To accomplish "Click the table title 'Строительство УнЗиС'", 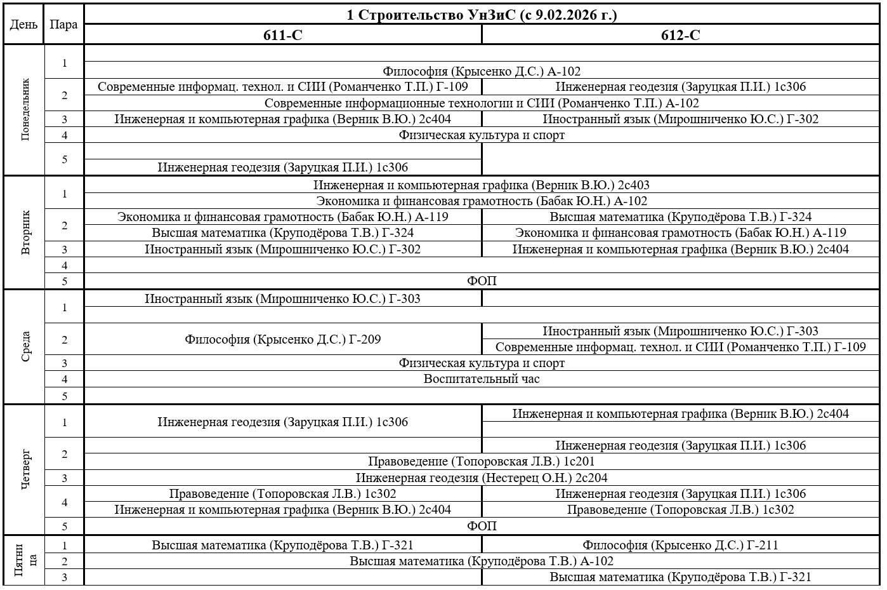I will (x=482, y=15).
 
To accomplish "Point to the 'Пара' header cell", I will (x=63, y=25).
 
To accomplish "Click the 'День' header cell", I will (x=23, y=25).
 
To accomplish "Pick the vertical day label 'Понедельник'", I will (x=25, y=109).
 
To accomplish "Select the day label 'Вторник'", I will (x=25, y=232).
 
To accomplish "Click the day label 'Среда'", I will (x=25, y=347).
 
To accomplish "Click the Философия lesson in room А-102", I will (x=482, y=72).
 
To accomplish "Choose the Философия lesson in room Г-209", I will (x=283, y=340).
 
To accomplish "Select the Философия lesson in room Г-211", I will (x=680, y=545).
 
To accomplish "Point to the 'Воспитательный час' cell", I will (x=482, y=379).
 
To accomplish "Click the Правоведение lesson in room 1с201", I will (x=482, y=462).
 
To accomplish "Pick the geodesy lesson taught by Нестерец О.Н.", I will (x=482, y=478).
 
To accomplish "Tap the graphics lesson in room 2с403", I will (x=482, y=185).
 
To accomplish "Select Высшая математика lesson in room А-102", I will (x=482, y=561).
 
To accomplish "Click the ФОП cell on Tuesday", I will (x=482, y=281).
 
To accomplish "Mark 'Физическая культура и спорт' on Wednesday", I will (x=482, y=363).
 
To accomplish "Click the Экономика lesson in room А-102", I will (x=482, y=201).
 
